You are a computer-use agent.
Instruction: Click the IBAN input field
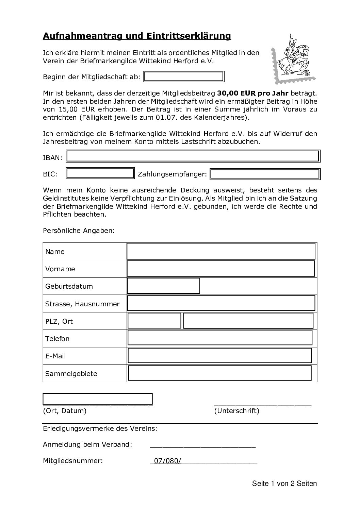193,156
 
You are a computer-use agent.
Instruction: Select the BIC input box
100,174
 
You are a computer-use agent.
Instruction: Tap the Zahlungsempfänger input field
265,174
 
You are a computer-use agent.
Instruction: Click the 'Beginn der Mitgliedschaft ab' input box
184,77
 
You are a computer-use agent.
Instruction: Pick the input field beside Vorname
221,269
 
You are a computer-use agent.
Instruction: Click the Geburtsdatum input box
163,286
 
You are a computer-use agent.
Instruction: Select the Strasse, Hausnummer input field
221,303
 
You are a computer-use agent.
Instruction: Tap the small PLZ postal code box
154,321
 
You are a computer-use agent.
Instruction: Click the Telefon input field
220,338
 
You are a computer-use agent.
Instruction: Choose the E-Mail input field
220,355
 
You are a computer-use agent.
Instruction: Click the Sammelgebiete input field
220,373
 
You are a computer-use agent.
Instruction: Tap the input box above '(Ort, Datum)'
98,399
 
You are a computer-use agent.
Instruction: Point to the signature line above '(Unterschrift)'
262,404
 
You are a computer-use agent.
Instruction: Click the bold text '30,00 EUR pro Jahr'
253,93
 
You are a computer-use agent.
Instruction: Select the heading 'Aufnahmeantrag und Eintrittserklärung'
137,36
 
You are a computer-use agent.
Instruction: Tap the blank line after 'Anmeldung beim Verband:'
202,446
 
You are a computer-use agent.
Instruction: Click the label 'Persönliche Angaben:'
79,231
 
